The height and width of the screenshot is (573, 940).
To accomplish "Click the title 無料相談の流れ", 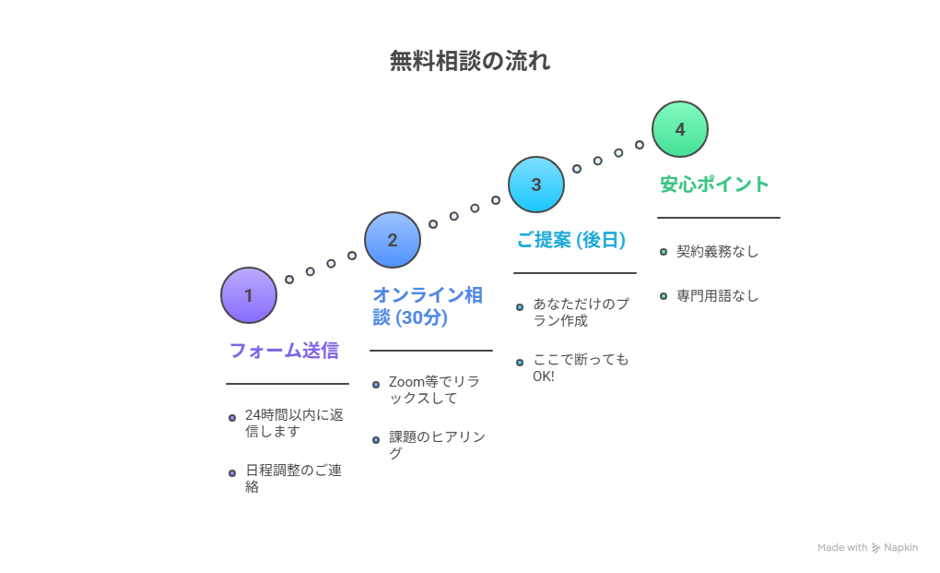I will tap(470, 62).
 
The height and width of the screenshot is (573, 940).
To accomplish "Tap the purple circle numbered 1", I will tap(249, 295).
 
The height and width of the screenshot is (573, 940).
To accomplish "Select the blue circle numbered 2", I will tap(393, 240).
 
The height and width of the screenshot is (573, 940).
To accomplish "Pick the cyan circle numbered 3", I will tap(536, 185).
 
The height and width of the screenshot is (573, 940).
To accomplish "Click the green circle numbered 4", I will tap(680, 129).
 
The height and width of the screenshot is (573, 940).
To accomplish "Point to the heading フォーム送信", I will tap(284, 351).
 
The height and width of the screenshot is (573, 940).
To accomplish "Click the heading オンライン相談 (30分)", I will tap(427, 305).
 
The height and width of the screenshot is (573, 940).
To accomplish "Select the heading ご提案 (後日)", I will tap(570, 240).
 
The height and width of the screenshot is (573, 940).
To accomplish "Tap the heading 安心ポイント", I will tap(714, 185).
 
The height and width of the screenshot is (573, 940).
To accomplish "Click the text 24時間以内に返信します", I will tap(294, 423).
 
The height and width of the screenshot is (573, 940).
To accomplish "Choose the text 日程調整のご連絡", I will tap(293, 478).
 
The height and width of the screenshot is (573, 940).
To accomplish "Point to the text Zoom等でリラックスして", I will tap(434, 389).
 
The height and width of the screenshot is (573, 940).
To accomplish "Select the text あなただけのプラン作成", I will tap(581, 312).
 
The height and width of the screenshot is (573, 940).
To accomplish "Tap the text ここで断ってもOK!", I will tap(581, 367).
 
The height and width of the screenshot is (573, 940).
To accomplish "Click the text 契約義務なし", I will tap(717, 251).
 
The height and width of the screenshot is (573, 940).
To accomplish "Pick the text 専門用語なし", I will tap(717, 296).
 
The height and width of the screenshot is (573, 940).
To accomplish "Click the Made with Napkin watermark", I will tap(867, 547).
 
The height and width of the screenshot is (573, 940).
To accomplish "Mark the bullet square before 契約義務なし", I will tap(663, 251).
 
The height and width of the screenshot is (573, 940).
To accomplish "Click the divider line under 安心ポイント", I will tap(719, 218).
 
